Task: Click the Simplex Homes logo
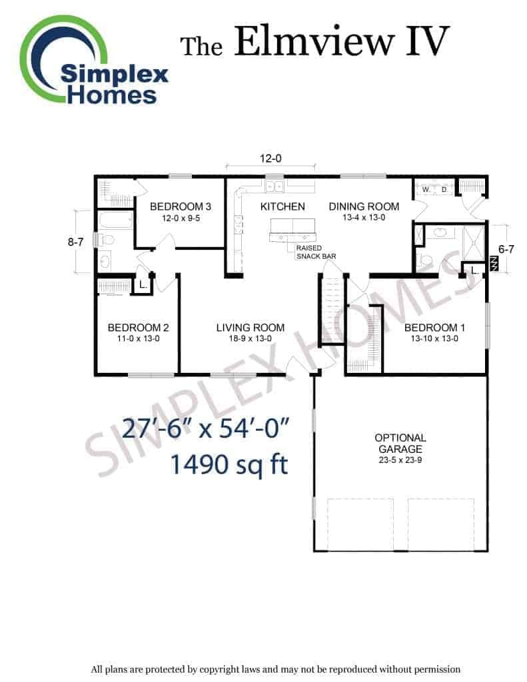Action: [x=93, y=61]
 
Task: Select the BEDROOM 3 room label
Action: [x=181, y=206]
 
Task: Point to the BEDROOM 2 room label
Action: [x=139, y=328]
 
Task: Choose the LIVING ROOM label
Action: [x=251, y=328]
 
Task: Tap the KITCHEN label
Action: [x=282, y=206]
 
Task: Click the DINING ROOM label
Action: [x=364, y=206]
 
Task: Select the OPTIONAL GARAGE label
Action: [x=400, y=443]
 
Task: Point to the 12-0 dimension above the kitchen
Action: [x=270, y=159]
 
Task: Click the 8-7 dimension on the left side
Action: [x=75, y=242]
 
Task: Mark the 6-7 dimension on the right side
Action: [x=506, y=249]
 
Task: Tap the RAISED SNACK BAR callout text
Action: [x=316, y=252]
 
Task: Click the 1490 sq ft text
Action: [x=229, y=464]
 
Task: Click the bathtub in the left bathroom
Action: [x=115, y=220]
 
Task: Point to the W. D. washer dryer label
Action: [x=435, y=190]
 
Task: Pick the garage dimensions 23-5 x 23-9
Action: [x=400, y=460]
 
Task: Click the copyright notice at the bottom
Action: [x=275, y=669]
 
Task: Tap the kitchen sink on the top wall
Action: [x=274, y=186]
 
